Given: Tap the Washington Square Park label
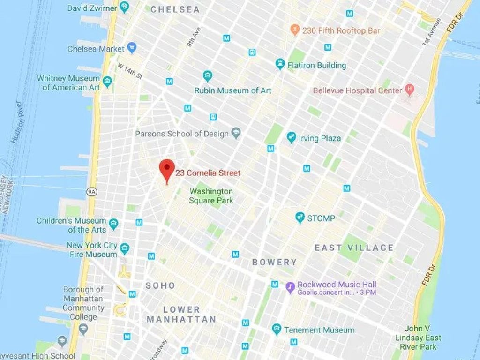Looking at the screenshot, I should pos(211,196).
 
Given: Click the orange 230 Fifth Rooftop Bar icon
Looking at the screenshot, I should pos(294,30).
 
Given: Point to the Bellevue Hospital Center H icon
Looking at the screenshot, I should pos(410,89).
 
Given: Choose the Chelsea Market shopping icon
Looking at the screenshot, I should pos(132,48).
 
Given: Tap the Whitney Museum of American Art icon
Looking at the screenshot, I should pos(107,82).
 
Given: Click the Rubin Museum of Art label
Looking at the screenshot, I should pos(233,90).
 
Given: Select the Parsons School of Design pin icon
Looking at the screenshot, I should pos(237,134).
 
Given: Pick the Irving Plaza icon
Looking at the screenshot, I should pos(292,137).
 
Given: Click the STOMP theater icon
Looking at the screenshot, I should pos(300,217).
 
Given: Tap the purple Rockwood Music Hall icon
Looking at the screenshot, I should pos(290,286).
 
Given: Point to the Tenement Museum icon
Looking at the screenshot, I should pos(277,330).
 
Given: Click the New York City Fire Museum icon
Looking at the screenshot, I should pos(125,248).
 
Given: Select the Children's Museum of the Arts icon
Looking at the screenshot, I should pos(113,224).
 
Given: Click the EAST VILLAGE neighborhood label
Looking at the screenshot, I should pos(354,247).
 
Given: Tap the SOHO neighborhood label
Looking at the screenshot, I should pos(160,285).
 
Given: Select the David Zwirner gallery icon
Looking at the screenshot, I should pos(124,7).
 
